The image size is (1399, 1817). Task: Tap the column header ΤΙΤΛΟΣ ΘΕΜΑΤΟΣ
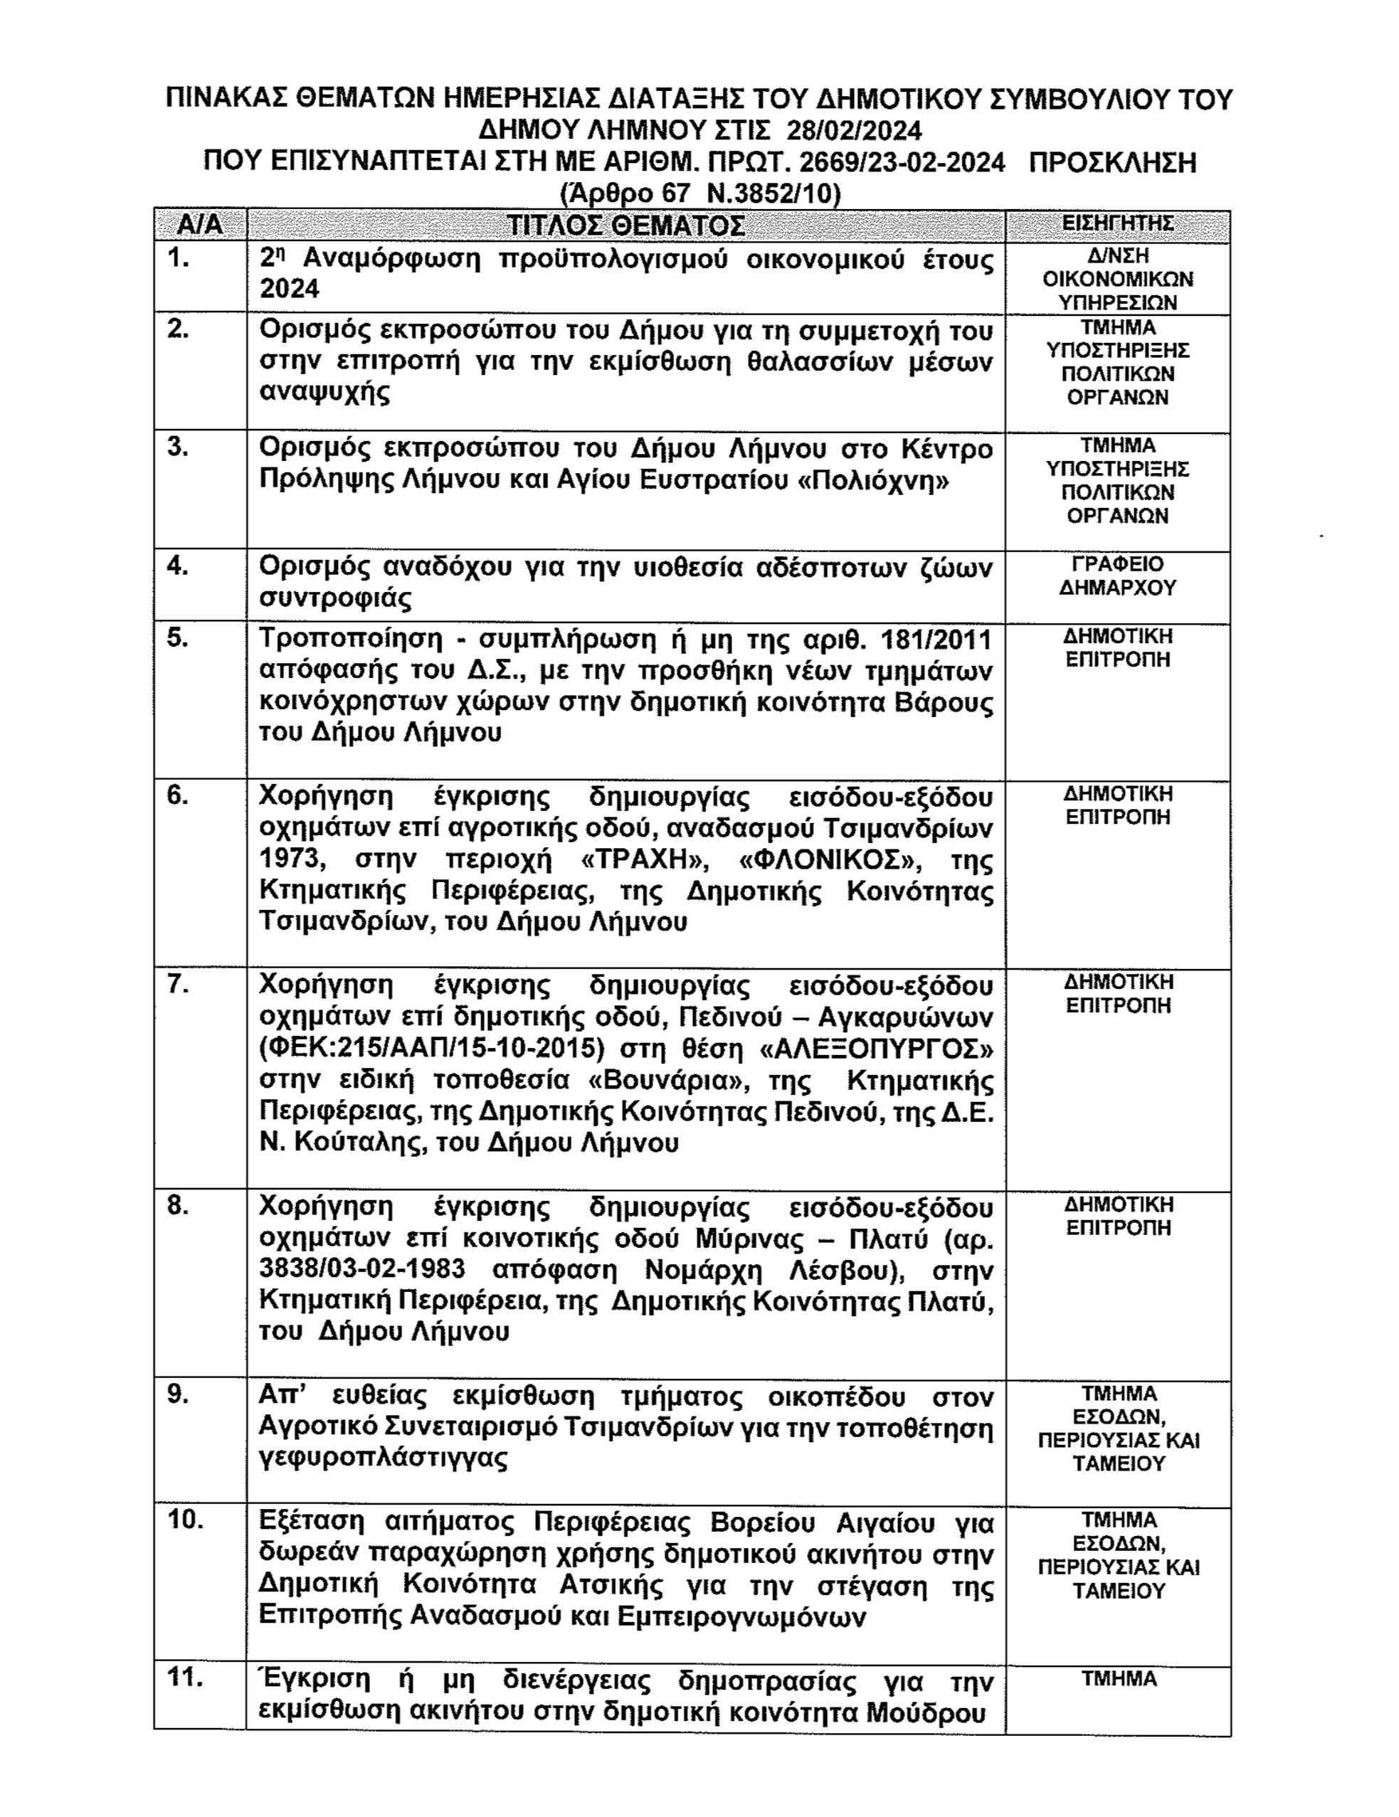point(625,226)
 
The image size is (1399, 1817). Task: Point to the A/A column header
point(201,226)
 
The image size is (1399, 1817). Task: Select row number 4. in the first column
point(178,566)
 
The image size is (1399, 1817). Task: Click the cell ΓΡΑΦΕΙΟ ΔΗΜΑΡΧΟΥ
point(1118,576)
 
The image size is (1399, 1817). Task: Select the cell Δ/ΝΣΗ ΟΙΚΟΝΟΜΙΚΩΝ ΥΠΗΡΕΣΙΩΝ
point(1118,279)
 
